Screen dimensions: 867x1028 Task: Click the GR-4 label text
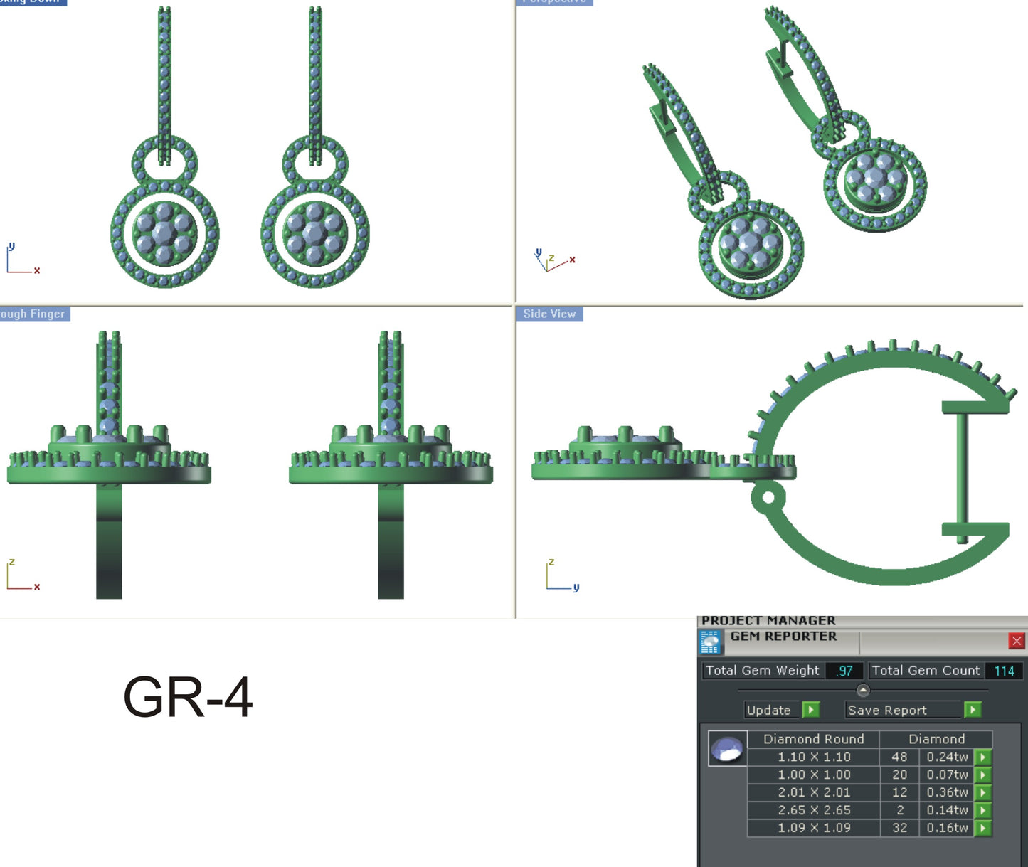(188, 698)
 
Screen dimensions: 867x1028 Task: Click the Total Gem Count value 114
(1004, 671)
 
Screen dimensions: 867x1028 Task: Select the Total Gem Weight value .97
(844, 671)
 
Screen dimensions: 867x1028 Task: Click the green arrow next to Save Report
(973, 710)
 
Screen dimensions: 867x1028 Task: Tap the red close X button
(1017, 641)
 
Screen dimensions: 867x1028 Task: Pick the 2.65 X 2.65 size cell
(814, 810)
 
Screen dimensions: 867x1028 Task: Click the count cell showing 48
(899, 757)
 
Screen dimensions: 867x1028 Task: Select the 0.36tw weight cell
(947, 792)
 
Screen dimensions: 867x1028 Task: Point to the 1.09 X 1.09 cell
(814, 828)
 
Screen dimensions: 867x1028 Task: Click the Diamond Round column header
(813, 739)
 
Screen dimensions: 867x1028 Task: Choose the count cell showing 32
(899, 828)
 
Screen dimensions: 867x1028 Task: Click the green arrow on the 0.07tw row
(983, 775)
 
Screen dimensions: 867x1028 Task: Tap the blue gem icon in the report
(727, 749)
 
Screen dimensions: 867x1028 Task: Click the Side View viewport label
(549, 314)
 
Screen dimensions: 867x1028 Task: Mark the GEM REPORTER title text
(783, 637)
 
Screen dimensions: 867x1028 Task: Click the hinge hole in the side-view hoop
(768, 496)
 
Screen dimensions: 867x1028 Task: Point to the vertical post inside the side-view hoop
(962, 473)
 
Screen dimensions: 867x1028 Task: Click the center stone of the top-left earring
(164, 233)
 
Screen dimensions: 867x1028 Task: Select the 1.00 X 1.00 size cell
(814, 775)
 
